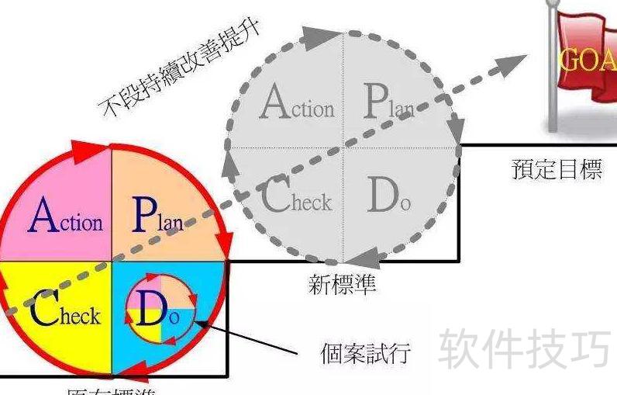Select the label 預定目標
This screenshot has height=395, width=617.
tap(557, 169)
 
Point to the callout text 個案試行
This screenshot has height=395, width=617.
tap(365, 353)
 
